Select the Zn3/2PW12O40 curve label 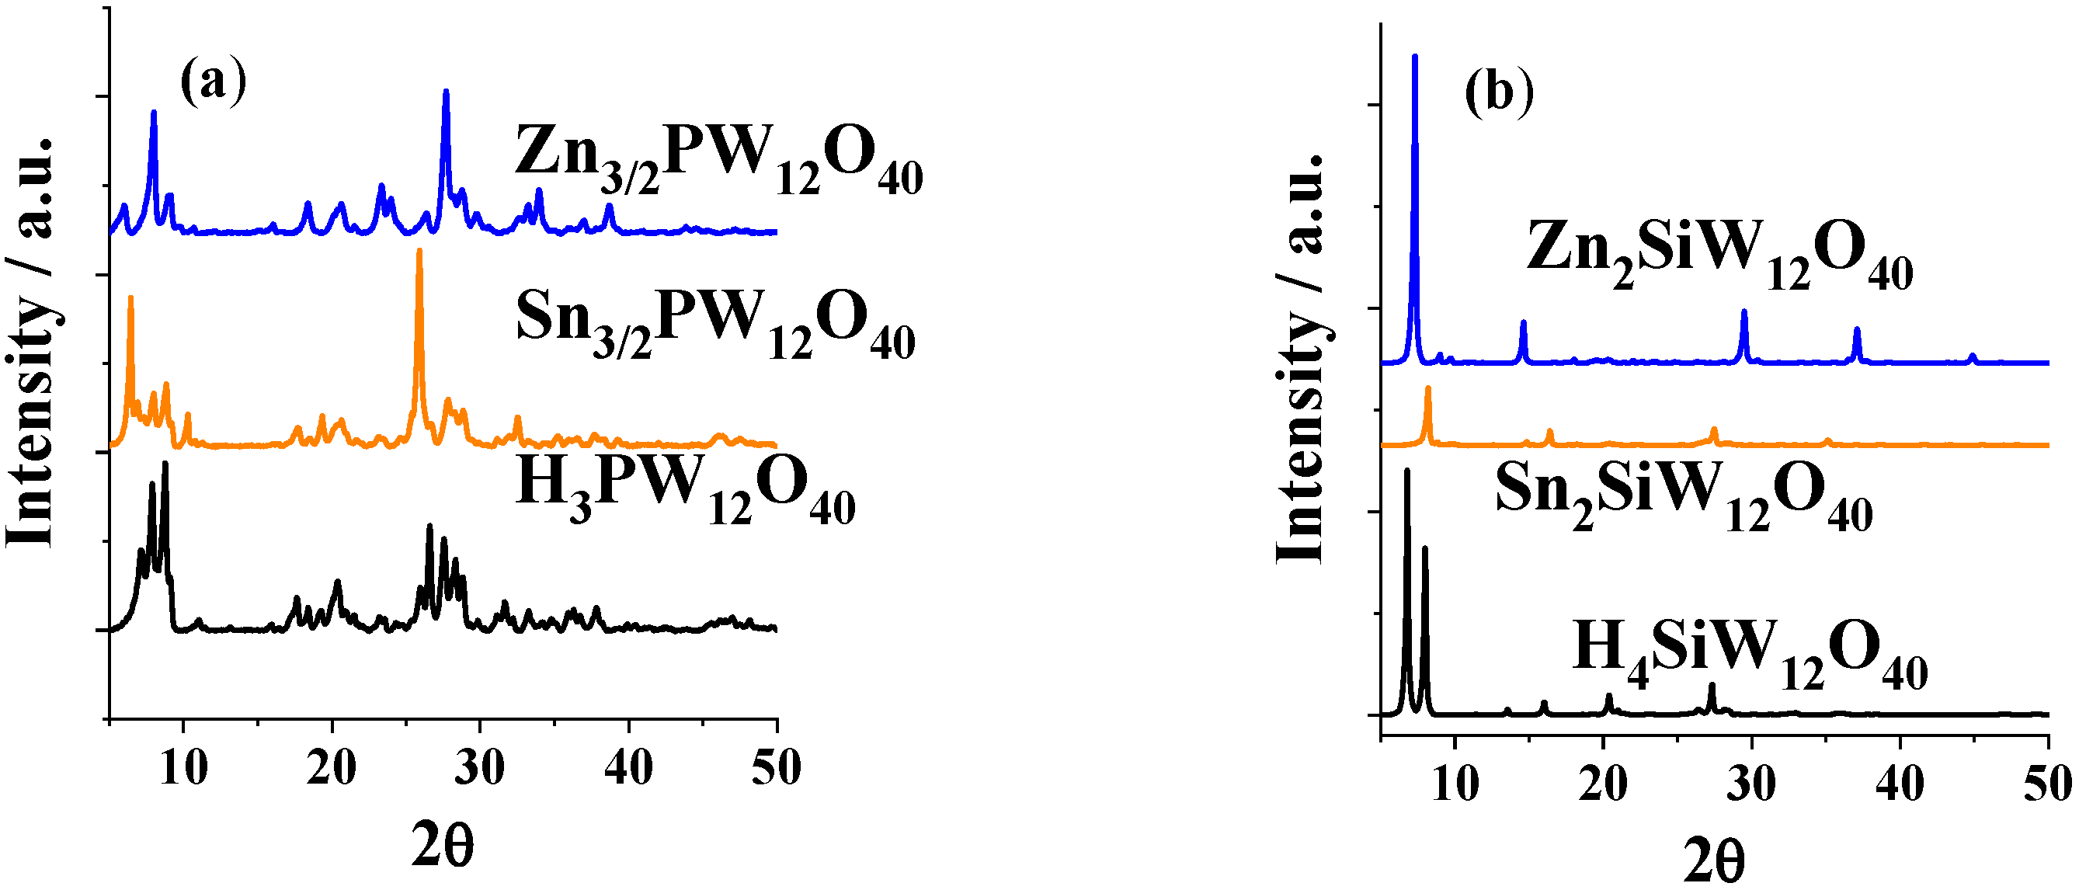pyautogui.click(x=718, y=158)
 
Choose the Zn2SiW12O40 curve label pyautogui.click(x=1719, y=252)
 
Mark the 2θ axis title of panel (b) pyautogui.click(x=1713, y=862)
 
